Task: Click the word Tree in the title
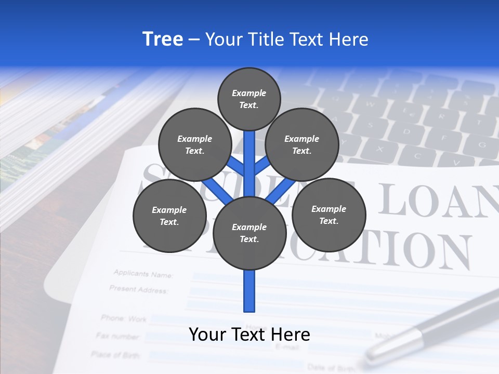coord(163,39)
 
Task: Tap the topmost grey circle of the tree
coord(249,99)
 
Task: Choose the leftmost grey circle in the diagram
coord(169,216)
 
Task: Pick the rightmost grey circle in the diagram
coord(329,215)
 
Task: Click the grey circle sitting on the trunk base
coord(249,233)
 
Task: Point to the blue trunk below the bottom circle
coord(249,291)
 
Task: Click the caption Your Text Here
coord(249,335)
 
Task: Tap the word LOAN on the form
coord(437,200)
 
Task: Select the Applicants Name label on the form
coord(143,274)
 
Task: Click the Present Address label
coord(139,289)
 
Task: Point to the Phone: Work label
coord(124,318)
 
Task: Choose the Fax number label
coord(118,336)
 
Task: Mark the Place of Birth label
coord(115,355)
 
